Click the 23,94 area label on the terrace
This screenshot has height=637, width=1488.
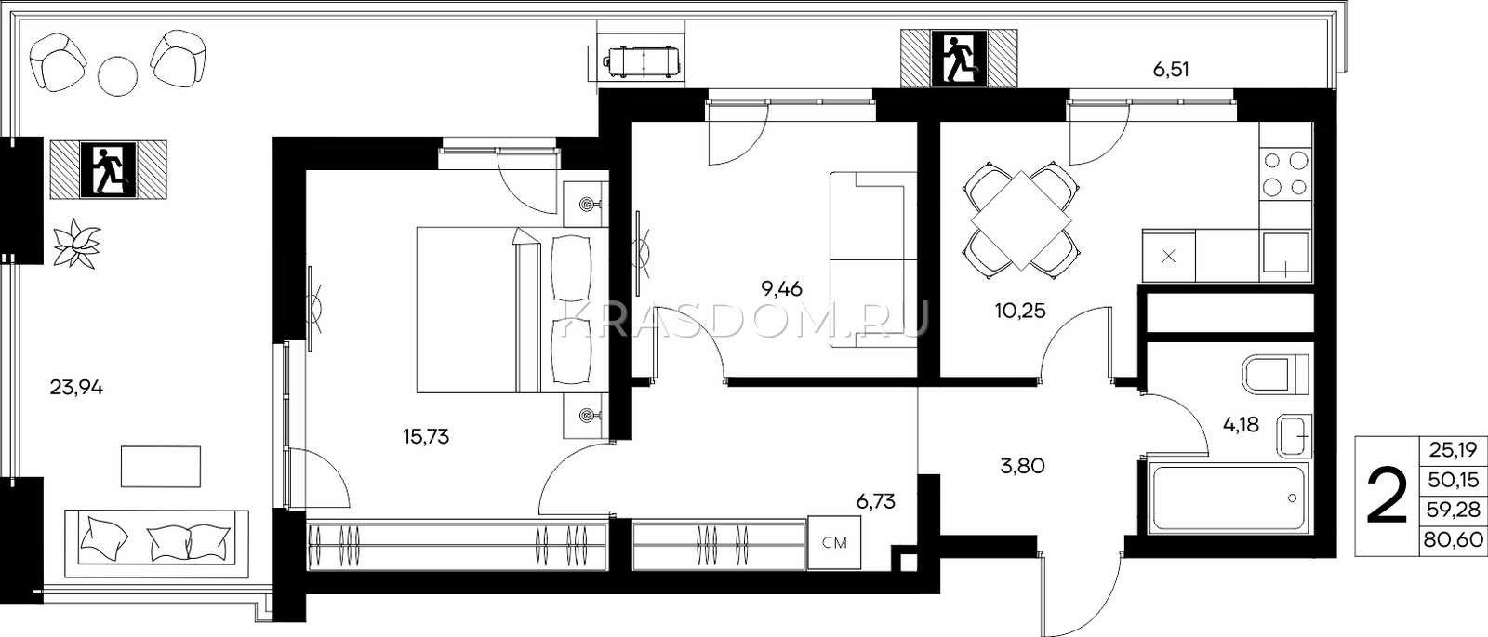coord(76,387)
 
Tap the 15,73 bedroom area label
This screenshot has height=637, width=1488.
coord(426,436)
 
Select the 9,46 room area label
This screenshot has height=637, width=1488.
coord(781,289)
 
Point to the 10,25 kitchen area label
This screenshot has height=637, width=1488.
coord(1020,311)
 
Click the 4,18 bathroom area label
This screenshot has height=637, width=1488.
coord(1241,424)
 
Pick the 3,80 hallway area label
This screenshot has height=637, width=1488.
coord(1022,466)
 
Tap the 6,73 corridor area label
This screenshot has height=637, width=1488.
coord(875,501)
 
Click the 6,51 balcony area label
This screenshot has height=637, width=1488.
coord(1171,69)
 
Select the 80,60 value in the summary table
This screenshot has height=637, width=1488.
coord(1453,539)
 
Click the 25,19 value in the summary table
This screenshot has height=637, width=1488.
coord(1453,450)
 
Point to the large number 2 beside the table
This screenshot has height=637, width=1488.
coord(1387,496)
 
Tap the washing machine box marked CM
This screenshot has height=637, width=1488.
coord(834,543)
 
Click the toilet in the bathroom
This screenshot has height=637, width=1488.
coord(1276,375)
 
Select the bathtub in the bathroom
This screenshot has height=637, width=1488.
coord(1229,498)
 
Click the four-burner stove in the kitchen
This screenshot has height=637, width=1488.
coord(1286,174)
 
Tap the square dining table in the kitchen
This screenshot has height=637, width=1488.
coord(1022,219)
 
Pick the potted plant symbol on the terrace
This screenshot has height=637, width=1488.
coord(76,244)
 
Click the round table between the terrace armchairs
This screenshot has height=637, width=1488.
coord(117,75)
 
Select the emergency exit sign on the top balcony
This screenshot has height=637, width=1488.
coord(959,59)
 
